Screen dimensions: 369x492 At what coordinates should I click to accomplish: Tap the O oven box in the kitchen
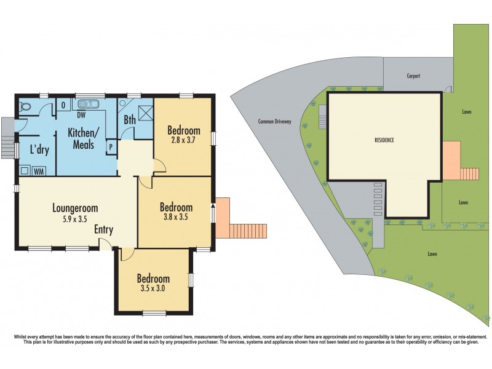point(64,105)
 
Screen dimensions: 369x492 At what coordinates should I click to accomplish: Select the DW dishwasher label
point(81,114)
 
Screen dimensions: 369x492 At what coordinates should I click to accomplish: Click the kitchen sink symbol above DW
point(91,104)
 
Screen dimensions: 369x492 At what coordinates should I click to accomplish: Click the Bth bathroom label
point(130,120)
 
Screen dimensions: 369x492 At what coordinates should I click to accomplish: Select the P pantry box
point(111,147)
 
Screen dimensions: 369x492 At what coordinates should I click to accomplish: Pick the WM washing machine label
point(38,172)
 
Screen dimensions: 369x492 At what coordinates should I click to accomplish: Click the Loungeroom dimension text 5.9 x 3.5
point(75,218)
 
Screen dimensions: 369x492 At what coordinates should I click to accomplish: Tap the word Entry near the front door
point(103,229)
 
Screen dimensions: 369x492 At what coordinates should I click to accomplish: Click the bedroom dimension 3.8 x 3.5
point(176,217)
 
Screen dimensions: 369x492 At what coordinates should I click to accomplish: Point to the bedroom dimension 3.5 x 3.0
point(153,287)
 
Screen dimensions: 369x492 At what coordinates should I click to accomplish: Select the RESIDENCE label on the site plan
point(384,140)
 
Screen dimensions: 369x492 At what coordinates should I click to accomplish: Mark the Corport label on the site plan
point(413,76)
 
